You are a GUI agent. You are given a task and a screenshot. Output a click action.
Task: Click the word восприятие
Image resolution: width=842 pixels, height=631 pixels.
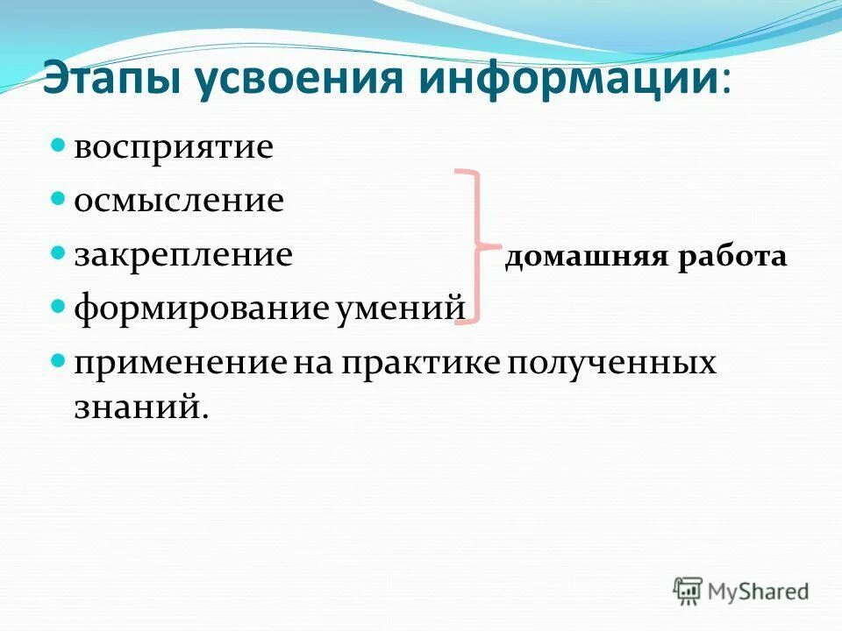tap(173, 147)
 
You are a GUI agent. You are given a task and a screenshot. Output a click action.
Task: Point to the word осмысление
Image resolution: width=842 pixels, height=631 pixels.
tap(178, 201)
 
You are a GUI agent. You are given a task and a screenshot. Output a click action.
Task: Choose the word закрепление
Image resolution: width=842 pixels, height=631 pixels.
tap(182, 255)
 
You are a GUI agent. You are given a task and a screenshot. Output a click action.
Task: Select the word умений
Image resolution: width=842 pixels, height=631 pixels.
tap(400, 308)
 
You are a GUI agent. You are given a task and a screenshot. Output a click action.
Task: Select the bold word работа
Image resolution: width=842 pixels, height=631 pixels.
tap(731, 258)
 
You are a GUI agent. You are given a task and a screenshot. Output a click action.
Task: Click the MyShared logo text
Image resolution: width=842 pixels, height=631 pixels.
tap(760, 592)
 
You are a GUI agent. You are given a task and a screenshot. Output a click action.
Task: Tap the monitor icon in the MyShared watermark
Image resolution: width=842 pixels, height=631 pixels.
tap(688, 591)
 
